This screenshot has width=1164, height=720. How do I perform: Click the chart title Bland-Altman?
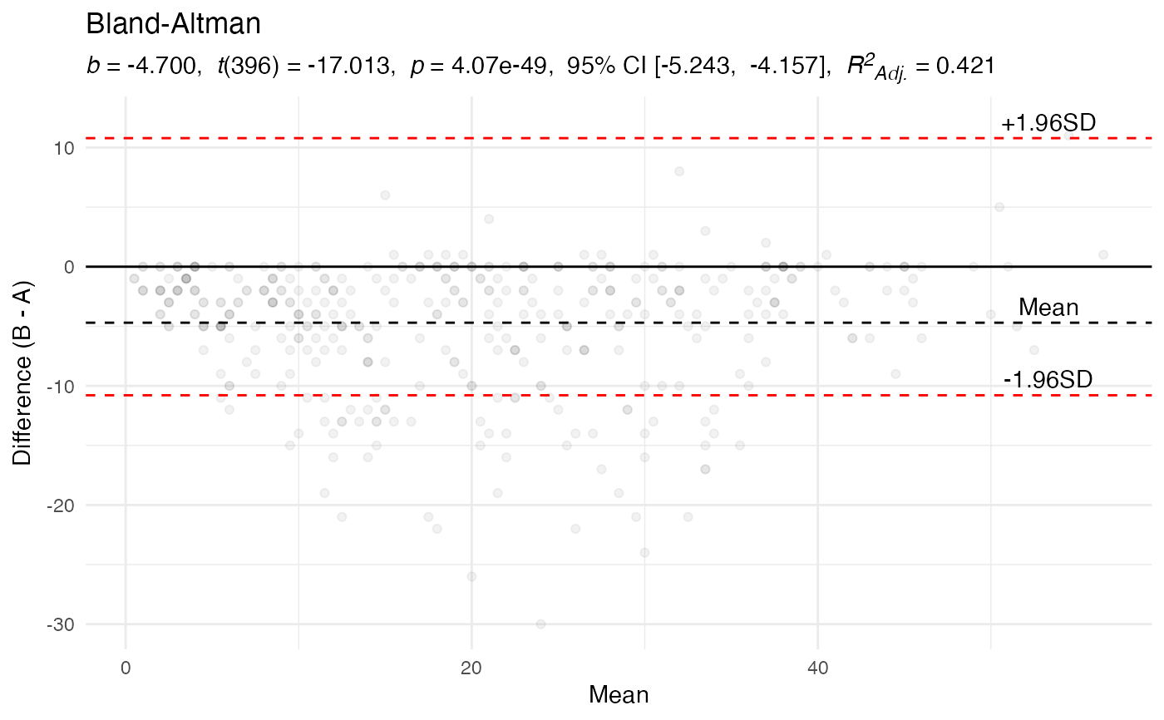174,25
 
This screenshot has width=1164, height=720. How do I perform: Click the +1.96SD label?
1048,123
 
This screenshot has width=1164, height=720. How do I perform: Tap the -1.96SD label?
1048,380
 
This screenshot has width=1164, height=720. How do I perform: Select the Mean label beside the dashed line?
1048,308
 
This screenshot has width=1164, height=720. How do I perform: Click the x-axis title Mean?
619,695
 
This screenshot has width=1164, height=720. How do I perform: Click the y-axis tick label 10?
65,148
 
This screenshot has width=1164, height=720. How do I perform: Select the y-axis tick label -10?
62,386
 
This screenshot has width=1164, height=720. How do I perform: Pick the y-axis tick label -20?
62,505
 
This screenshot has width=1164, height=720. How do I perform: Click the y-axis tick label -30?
62,624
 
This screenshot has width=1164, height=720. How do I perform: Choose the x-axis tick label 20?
471,667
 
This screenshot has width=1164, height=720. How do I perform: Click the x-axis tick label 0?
126,667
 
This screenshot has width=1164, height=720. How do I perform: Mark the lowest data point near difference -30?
540,624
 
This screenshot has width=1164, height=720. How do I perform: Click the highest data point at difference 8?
679,171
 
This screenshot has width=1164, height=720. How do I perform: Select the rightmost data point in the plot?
1103,254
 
